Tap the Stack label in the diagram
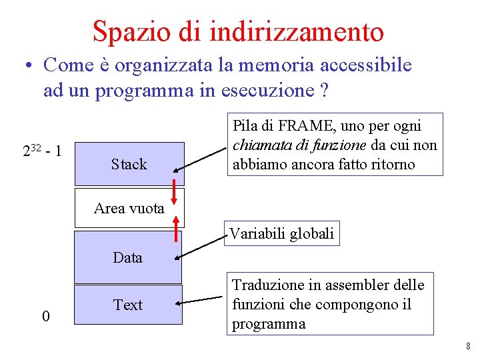[129, 164]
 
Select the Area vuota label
[129, 208]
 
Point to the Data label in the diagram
[127, 257]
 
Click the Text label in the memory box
[128, 305]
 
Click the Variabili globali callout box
[281, 233]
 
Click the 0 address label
[45, 316]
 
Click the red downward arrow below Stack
[175, 192]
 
